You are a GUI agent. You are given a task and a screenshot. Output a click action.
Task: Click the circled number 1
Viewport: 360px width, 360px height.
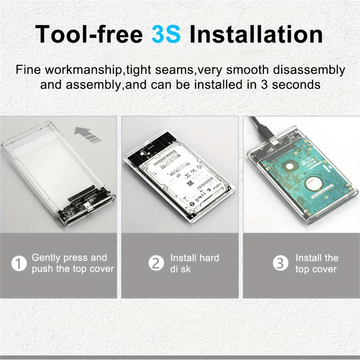point(19,264)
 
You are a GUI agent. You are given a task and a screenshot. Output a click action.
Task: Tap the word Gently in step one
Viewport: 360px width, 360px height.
point(46,258)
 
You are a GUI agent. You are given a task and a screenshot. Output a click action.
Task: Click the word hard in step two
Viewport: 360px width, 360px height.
point(208,258)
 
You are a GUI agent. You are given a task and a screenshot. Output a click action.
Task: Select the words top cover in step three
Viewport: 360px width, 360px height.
point(316,269)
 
